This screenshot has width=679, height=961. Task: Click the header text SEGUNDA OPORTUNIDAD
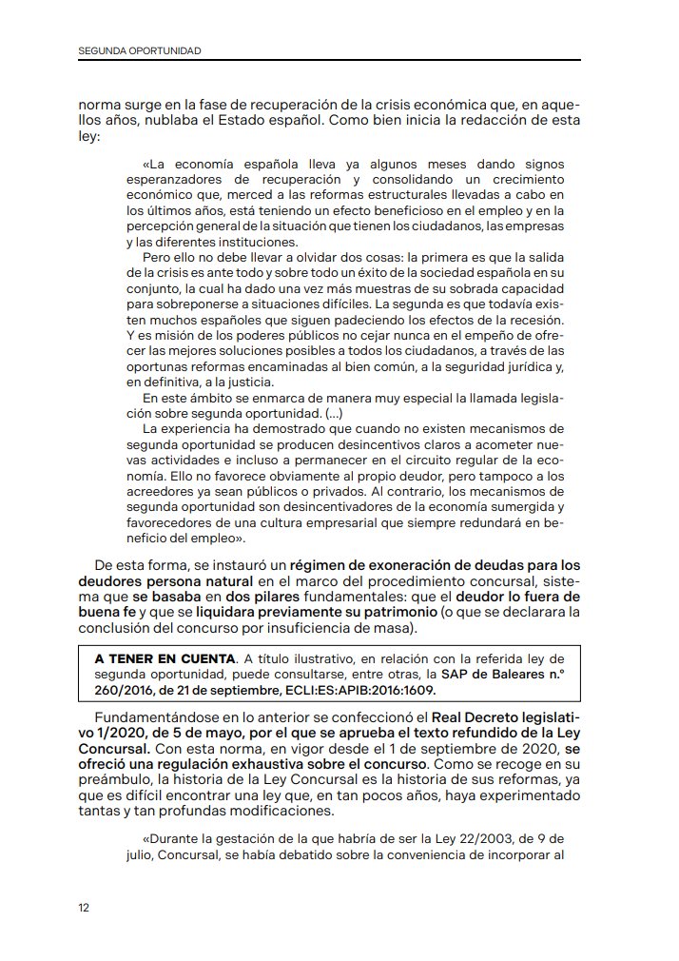pos(139,50)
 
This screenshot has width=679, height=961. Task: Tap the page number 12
pos(84,908)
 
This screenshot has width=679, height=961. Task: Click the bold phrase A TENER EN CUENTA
pos(165,658)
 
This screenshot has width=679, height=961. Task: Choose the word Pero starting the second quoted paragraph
pos(156,256)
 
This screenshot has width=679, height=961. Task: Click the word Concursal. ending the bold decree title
pos(113,749)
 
